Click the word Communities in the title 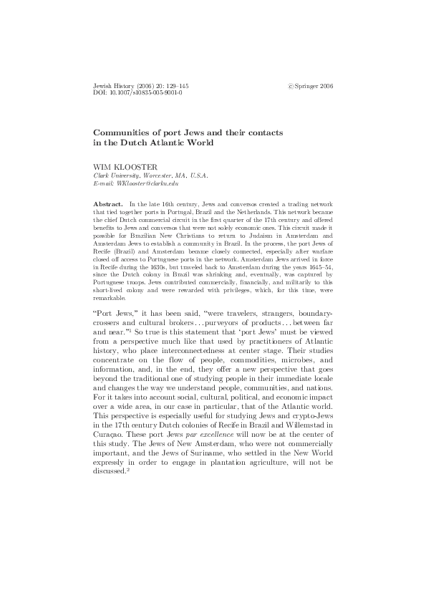pos(128,133)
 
